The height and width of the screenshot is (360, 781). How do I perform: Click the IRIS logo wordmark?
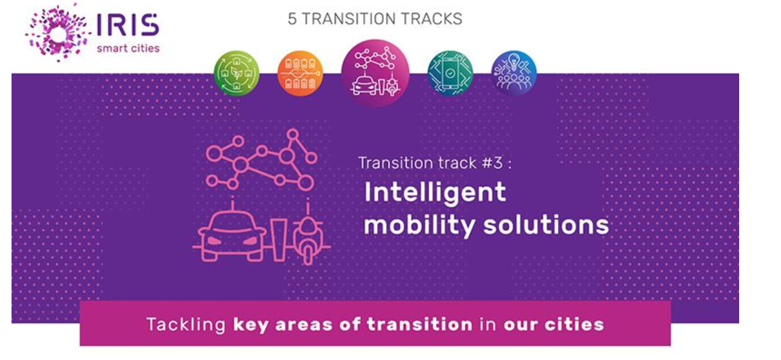[127, 25]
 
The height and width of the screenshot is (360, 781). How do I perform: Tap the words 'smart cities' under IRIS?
[128, 48]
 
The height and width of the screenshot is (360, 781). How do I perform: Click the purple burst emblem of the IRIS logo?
[58, 33]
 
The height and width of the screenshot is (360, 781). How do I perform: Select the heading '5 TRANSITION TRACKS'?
[375, 19]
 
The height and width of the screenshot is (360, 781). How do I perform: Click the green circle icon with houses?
[236, 73]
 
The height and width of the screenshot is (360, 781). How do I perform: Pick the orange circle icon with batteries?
[300, 73]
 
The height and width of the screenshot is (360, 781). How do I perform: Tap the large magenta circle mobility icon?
[375, 73]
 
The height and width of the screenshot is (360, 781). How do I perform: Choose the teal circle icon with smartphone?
[450, 73]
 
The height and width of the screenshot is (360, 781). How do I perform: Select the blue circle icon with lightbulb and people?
[514, 73]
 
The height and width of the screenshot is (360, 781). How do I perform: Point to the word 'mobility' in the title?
[420, 225]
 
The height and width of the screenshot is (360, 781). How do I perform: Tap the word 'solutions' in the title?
[546, 224]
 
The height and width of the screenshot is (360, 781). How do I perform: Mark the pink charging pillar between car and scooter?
[279, 240]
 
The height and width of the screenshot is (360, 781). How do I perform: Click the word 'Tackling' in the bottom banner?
[186, 325]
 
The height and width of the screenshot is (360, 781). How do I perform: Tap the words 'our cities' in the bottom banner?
[554, 325]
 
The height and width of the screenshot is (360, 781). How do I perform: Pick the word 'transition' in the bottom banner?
[420, 324]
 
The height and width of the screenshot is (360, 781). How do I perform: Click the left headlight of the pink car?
[214, 241]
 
